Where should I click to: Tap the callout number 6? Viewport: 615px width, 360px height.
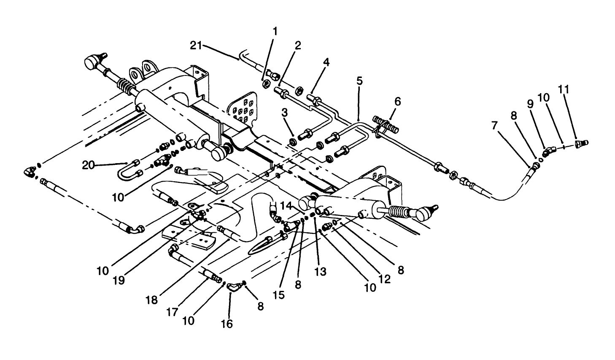click(x=398, y=101)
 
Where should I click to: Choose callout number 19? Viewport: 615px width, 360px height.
click(x=119, y=281)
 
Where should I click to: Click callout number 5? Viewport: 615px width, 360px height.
click(x=359, y=81)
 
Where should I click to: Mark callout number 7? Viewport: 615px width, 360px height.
click(x=495, y=126)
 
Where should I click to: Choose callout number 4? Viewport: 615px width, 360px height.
click(x=326, y=62)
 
